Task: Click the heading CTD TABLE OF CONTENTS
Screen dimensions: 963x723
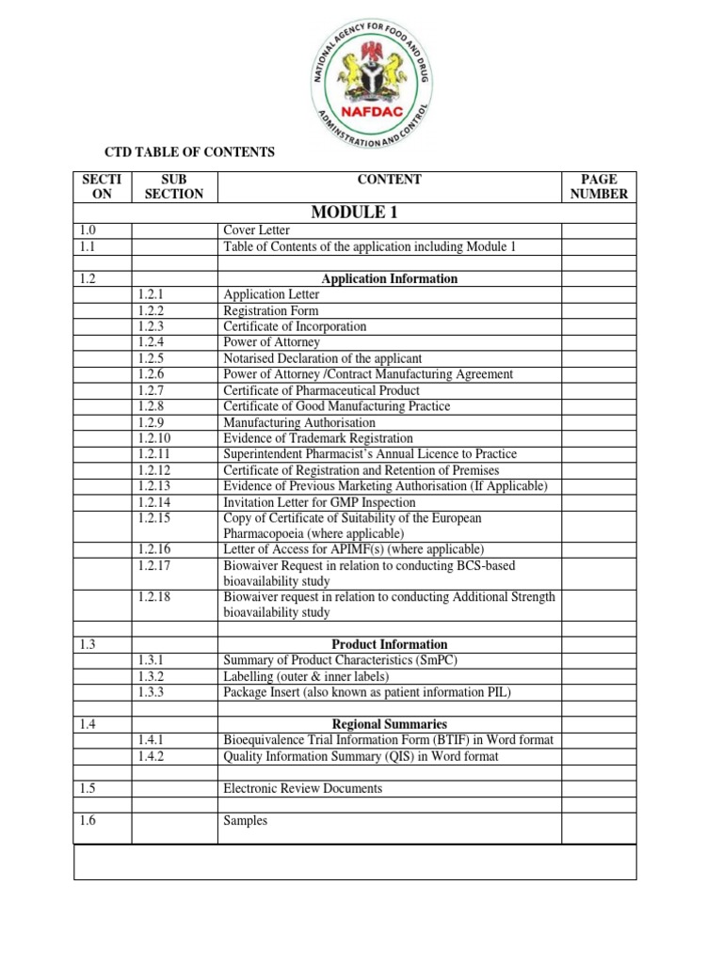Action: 188,152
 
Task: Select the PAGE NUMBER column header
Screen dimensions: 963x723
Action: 599,186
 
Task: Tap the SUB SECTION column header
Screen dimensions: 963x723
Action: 174,186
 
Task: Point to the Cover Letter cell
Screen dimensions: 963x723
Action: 256,230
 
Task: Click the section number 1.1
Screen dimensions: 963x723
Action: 89,246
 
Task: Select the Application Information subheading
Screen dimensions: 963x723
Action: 389,278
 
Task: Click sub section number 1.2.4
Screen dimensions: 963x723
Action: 152,342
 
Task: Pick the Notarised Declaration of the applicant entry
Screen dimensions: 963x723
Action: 322,358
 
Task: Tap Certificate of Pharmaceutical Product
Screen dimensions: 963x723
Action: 321,390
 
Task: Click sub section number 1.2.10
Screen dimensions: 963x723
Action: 155,438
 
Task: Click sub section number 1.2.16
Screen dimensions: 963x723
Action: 155,548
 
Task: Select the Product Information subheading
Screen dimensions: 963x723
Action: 389,644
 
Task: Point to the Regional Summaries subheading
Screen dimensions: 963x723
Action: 389,724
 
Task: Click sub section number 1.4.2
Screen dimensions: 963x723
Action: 152,756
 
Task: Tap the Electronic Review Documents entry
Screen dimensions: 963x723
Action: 302,788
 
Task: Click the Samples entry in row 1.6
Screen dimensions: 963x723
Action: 245,820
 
